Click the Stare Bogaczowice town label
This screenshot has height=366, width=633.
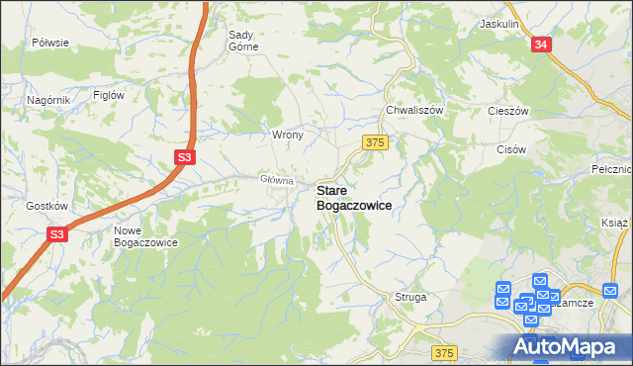(x=353, y=197)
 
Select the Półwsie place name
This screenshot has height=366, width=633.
(x=49, y=43)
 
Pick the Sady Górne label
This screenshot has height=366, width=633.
(x=243, y=41)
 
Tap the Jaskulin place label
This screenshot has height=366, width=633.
(x=498, y=22)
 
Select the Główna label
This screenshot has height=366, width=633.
(x=277, y=180)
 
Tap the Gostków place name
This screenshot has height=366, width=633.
(x=46, y=206)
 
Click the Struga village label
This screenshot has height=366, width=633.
(x=409, y=296)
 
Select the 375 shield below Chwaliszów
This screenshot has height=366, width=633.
(x=374, y=142)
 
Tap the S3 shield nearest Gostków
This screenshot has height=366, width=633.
(x=57, y=234)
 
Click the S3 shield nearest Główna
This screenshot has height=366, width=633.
(x=185, y=156)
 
